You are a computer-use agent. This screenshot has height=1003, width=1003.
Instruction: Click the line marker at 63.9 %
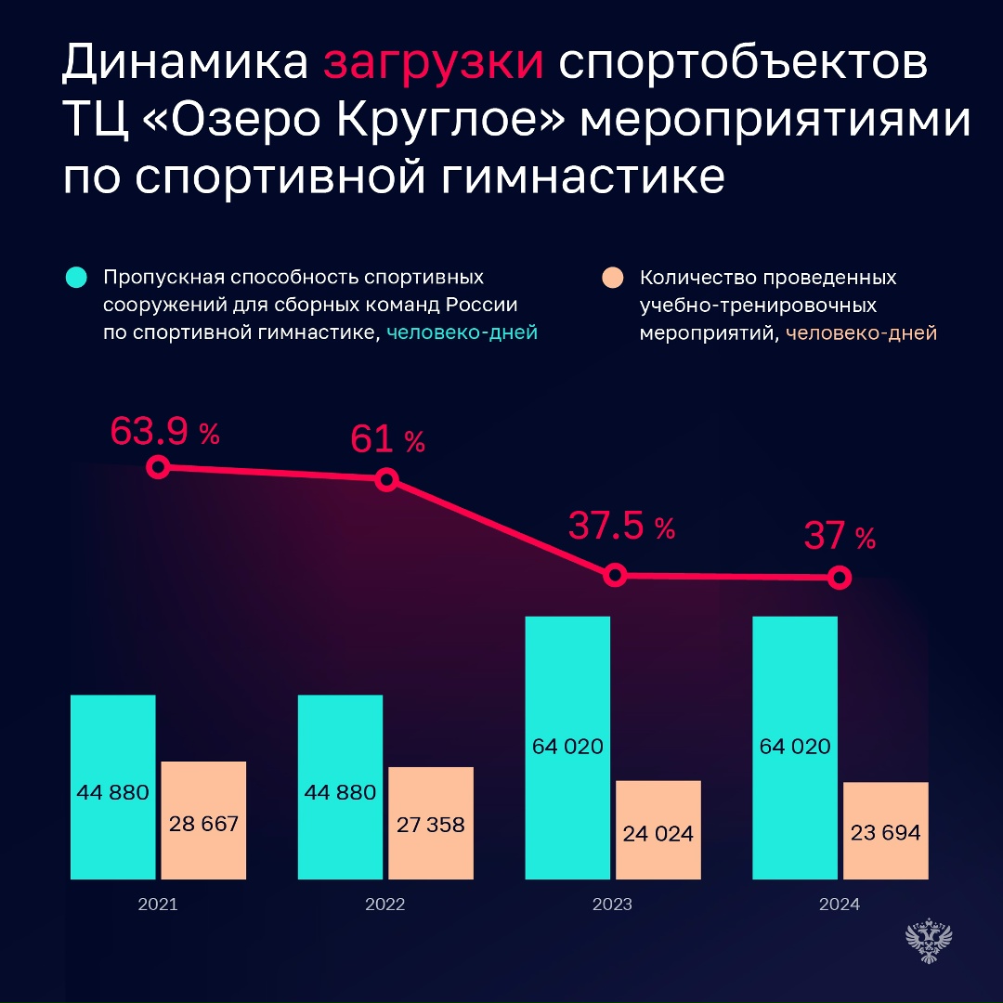(159, 467)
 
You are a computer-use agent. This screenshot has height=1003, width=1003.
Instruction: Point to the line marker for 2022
(387, 479)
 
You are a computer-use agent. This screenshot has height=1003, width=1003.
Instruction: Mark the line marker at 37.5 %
(614, 575)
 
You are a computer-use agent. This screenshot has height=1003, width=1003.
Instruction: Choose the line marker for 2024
(840, 578)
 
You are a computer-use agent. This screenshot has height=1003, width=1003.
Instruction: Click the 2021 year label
(158, 905)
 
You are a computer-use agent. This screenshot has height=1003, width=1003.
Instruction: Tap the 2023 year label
(613, 905)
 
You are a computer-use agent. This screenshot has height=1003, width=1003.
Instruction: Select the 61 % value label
(387, 439)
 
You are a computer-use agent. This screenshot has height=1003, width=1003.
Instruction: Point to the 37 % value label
(839, 536)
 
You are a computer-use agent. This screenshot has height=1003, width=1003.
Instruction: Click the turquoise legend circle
(76, 278)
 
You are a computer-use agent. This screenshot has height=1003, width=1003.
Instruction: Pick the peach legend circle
(612, 278)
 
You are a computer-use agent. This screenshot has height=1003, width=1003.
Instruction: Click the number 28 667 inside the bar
(204, 823)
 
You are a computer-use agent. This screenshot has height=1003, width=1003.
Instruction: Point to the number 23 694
(885, 832)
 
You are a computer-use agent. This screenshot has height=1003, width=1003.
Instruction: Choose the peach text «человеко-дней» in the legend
(861, 333)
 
